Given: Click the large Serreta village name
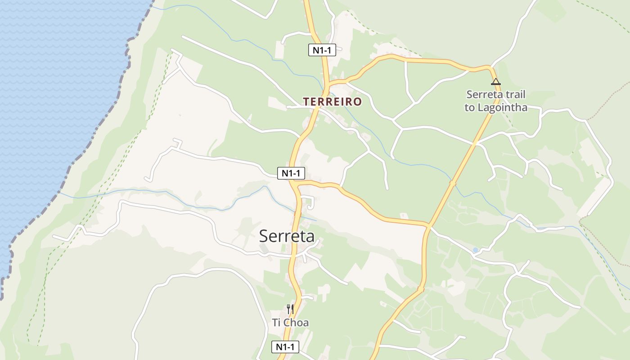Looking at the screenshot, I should click(x=287, y=236).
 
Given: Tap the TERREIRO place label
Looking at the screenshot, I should click(x=332, y=102).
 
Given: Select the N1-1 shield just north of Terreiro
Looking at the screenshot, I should click(x=322, y=50).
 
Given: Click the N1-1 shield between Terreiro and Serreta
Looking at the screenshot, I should click(x=291, y=173).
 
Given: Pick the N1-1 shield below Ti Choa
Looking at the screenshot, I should click(x=285, y=347).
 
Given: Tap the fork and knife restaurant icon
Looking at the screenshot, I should click(x=290, y=309).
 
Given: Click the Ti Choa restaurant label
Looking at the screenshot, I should click(x=290, y=323).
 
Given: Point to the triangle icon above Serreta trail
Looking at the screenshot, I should click(x=495, y=82).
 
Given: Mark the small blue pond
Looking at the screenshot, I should click(x=475, y=250).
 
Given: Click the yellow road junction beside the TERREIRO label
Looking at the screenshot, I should click(x=329, y=84).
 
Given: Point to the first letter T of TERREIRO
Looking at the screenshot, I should click(x=306, y=102).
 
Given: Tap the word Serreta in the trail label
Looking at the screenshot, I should click(x=482, y=95).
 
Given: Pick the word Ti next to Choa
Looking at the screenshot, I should click(x=276, y=323).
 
